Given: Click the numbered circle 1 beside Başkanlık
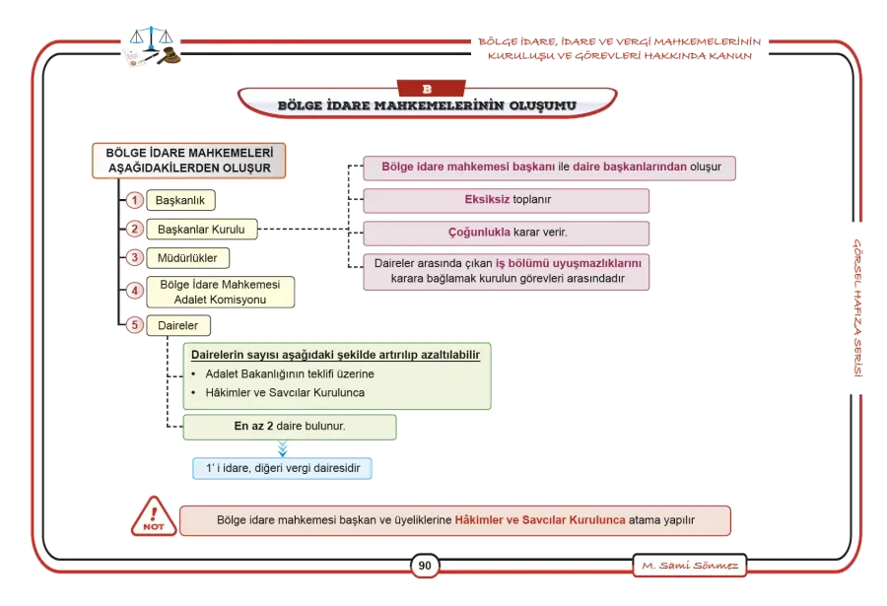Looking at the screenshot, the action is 135,200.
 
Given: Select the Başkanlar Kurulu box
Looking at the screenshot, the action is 201,230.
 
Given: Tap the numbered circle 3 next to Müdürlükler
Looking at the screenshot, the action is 135,258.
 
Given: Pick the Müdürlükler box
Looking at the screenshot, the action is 188,258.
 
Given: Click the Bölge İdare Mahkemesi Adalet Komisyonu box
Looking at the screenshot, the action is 220,292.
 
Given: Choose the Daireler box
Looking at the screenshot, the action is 178,326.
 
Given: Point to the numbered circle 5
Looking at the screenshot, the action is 135,325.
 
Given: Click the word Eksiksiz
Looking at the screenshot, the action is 487,199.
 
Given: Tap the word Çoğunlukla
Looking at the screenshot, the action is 479,232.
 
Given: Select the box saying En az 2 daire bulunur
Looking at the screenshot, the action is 290,427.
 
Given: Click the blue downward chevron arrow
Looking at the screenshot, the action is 283,449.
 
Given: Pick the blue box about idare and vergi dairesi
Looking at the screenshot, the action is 282,468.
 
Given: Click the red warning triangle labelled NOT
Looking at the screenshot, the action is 154,516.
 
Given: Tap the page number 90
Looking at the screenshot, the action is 425,566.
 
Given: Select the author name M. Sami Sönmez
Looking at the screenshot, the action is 690,566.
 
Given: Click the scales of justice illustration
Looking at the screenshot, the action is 151,46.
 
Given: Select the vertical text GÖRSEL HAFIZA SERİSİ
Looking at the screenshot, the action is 857,307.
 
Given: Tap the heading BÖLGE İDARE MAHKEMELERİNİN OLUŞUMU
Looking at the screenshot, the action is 427,105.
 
